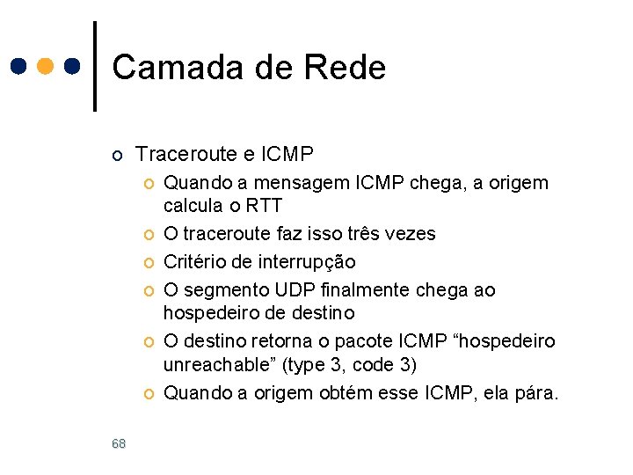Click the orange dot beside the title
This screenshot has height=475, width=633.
(x=45, y=66)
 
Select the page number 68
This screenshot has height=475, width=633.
(x=119, y=444)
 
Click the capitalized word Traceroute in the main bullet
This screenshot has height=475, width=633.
(x=185, y=155)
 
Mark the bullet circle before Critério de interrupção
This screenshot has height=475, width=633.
(x=149, y=262)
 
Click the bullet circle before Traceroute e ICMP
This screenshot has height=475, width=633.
(x=118, y=157)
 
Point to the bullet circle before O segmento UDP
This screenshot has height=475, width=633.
(x=149, y=289)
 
